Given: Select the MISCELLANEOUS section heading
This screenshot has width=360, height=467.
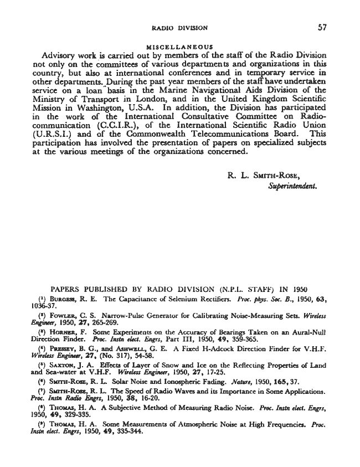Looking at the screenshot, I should coord(180,47).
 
